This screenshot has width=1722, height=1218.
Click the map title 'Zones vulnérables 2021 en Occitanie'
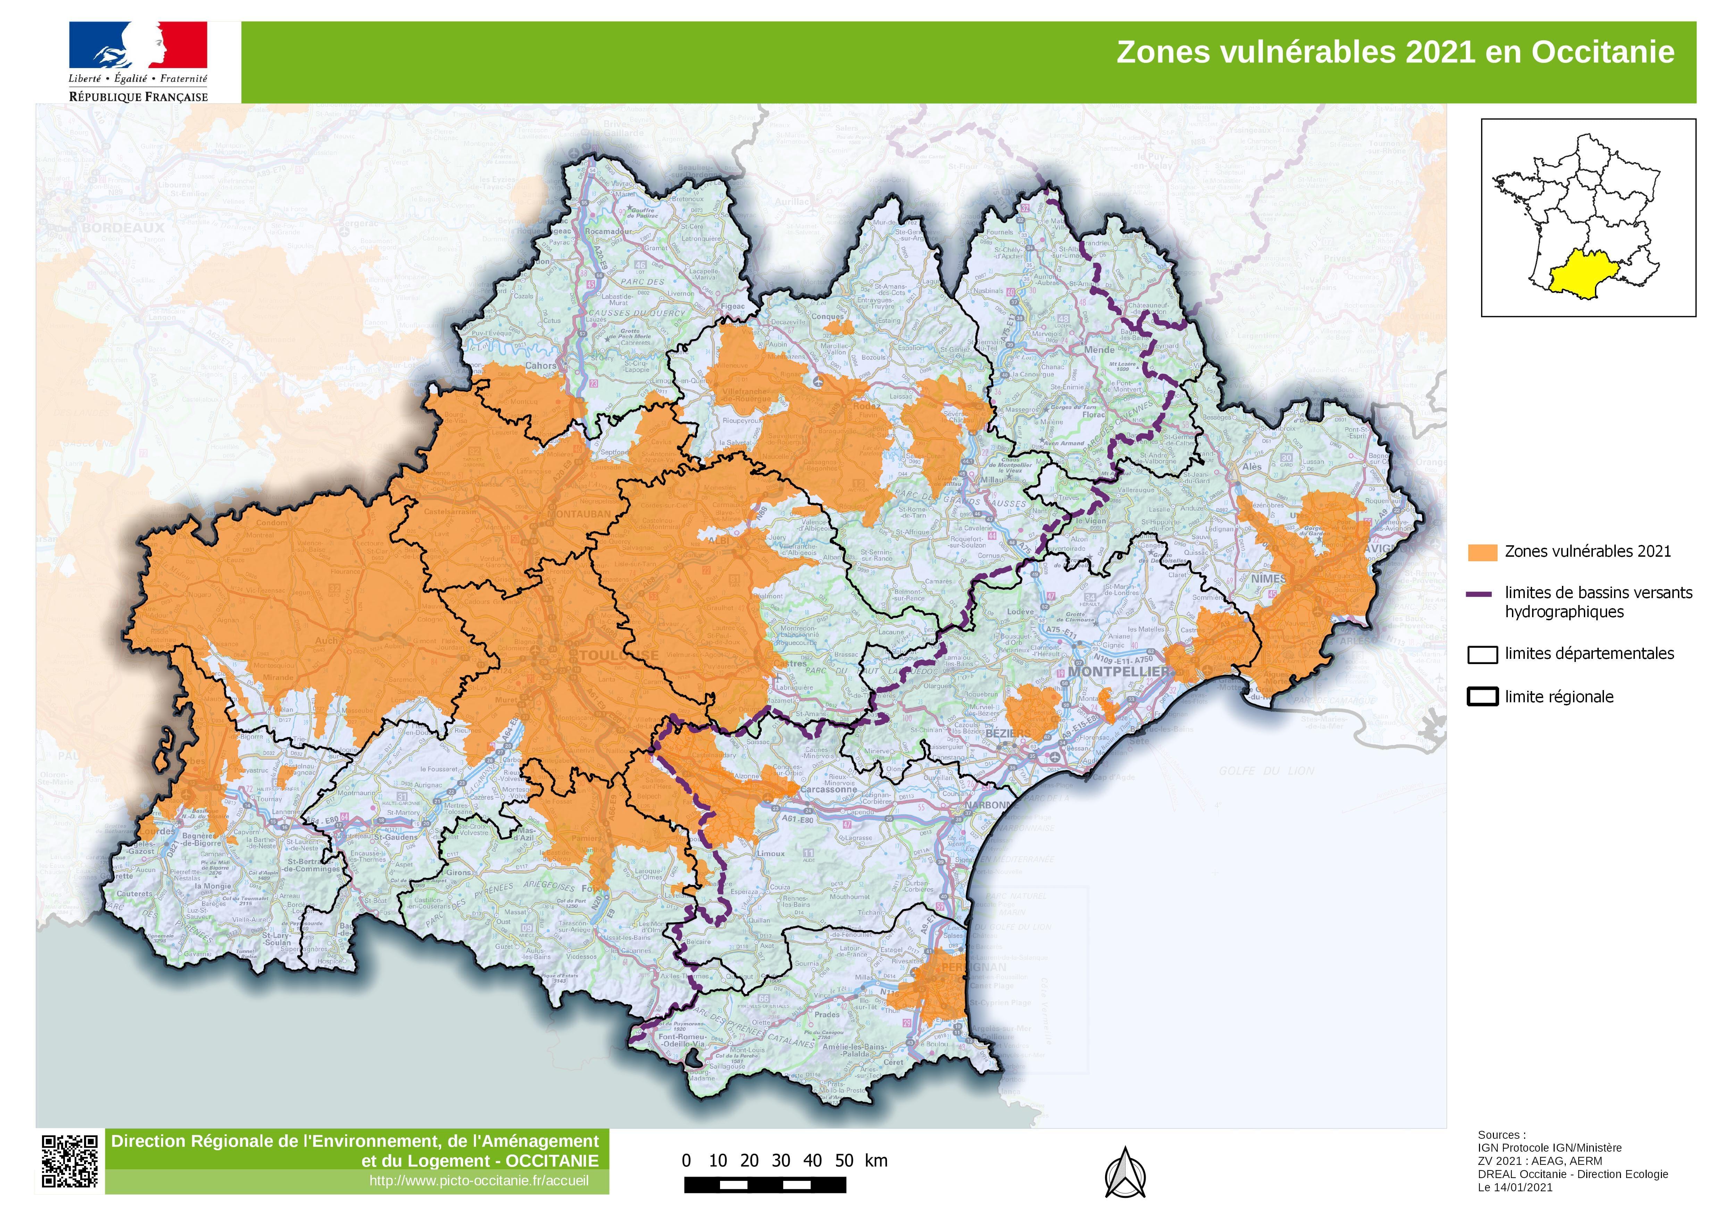[1395, 52]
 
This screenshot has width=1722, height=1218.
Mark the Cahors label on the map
[540, 365]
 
